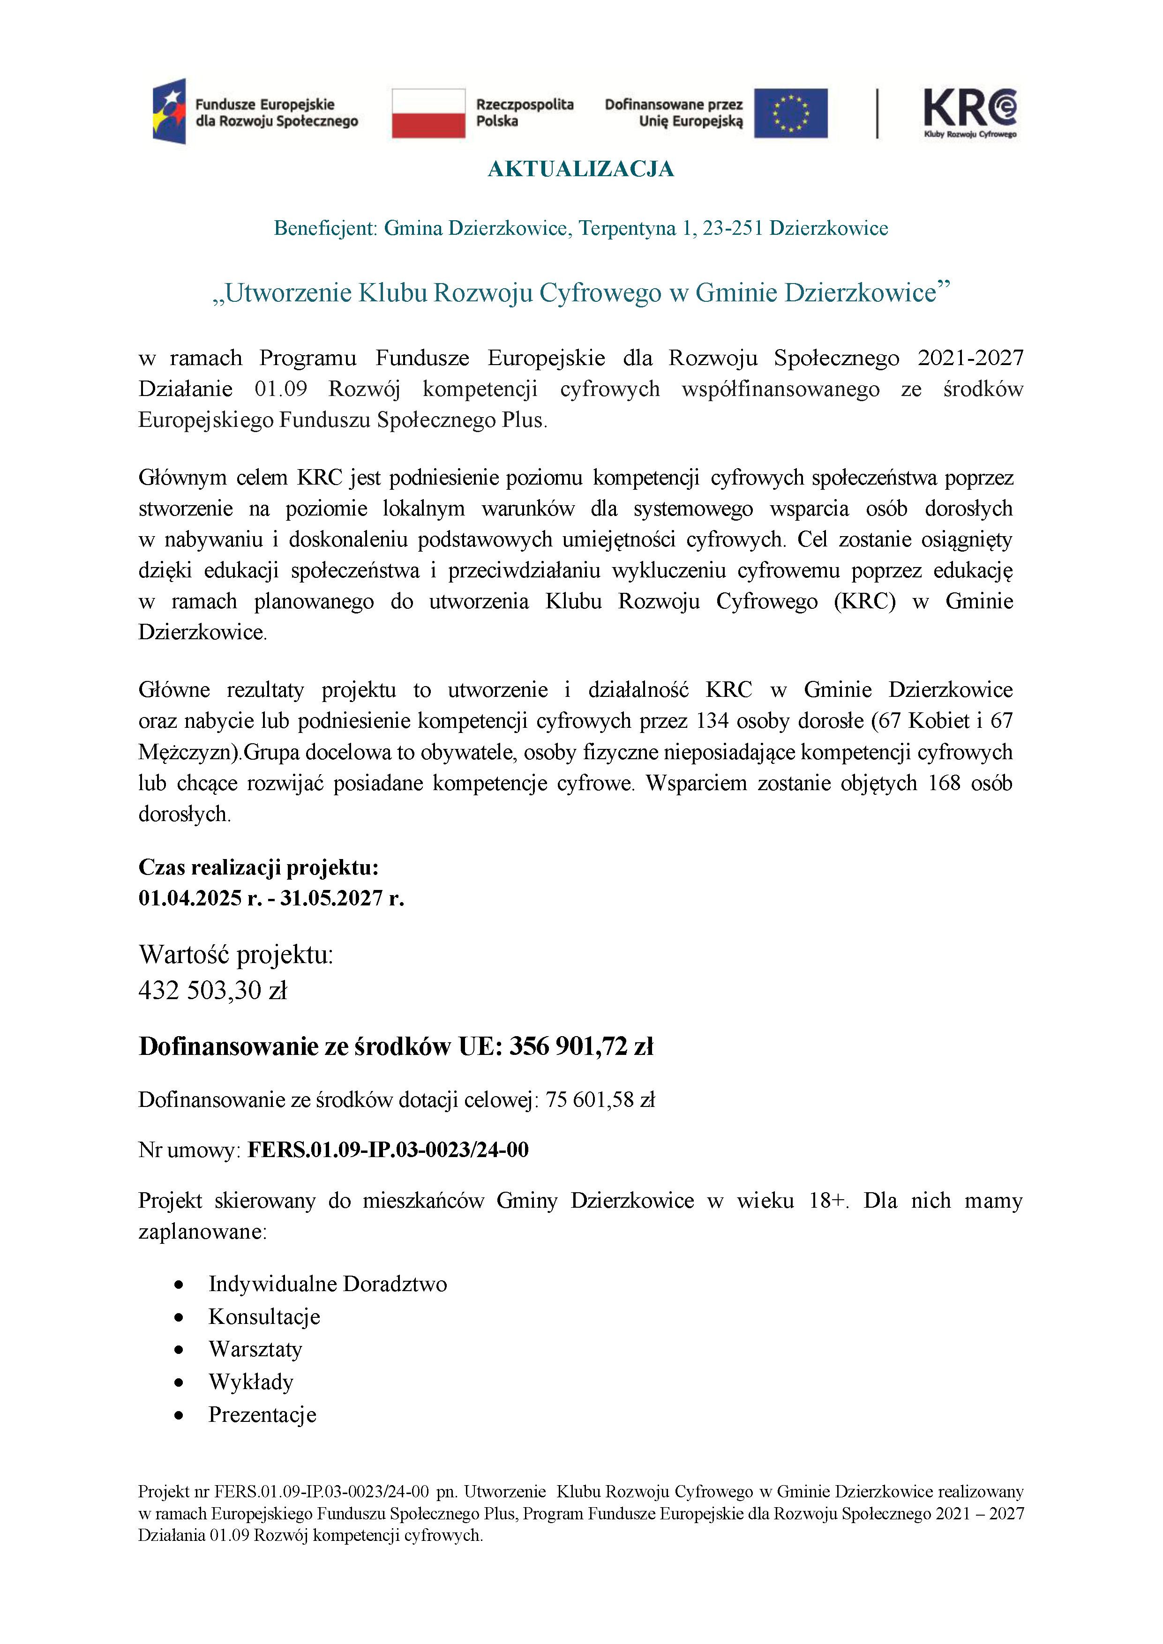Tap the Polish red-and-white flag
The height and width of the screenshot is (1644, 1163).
[428, 113]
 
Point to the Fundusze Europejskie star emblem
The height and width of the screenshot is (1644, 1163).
[169, 112]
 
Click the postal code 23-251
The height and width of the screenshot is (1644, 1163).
[733, 228]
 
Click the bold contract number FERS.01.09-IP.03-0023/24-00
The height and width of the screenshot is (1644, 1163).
[387, 1150]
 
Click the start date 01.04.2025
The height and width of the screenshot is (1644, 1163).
[190, 898]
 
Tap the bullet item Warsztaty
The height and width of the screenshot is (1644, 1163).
[255, 1349]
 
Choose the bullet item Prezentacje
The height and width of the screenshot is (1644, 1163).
[262, 1415]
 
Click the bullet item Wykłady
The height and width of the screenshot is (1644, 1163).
[251, 1382]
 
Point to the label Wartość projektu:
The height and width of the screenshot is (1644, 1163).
[236, 955]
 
